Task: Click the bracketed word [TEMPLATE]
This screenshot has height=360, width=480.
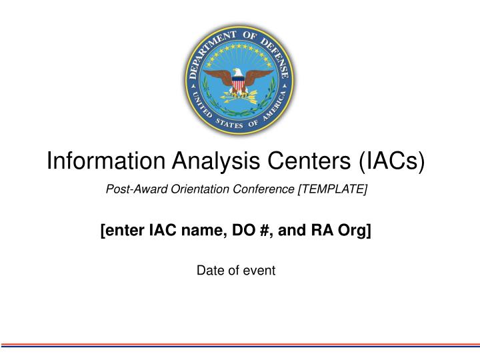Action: pyautogui.click(x=333, y=189)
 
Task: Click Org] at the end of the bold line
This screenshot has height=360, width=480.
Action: pyautogui.click(x=357, y=231)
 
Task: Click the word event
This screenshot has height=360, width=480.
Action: pyautogui.click(x=261, y=270)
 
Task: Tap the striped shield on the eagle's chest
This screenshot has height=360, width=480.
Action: pyautogui.click(x=239, y=85)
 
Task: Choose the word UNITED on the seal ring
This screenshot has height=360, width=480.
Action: pyautogui.click(x=198, y=107)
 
